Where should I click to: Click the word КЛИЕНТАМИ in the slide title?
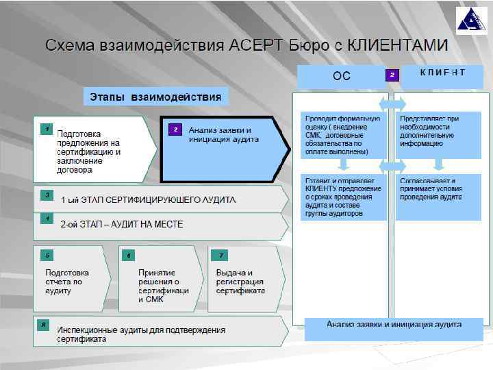point(398,47)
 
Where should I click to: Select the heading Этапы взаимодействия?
point(156,97)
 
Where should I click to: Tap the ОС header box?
point(341,76)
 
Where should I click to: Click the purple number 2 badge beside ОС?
point(392,74)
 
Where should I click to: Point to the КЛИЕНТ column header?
point(442,73)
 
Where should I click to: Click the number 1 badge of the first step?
point(46,128)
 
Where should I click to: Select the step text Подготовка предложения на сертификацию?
point(88,147)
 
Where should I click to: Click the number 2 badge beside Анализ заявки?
point(175,129)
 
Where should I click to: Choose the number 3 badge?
point(46,195)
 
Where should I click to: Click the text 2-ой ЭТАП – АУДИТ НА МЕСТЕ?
point(122,224)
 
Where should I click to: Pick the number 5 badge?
point(46,256)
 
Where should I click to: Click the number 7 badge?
point(220,256)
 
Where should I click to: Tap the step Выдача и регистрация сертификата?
point(240,282)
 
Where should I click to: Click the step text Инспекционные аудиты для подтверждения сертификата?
point(141,334)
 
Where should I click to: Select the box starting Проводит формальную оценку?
point(342,135)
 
